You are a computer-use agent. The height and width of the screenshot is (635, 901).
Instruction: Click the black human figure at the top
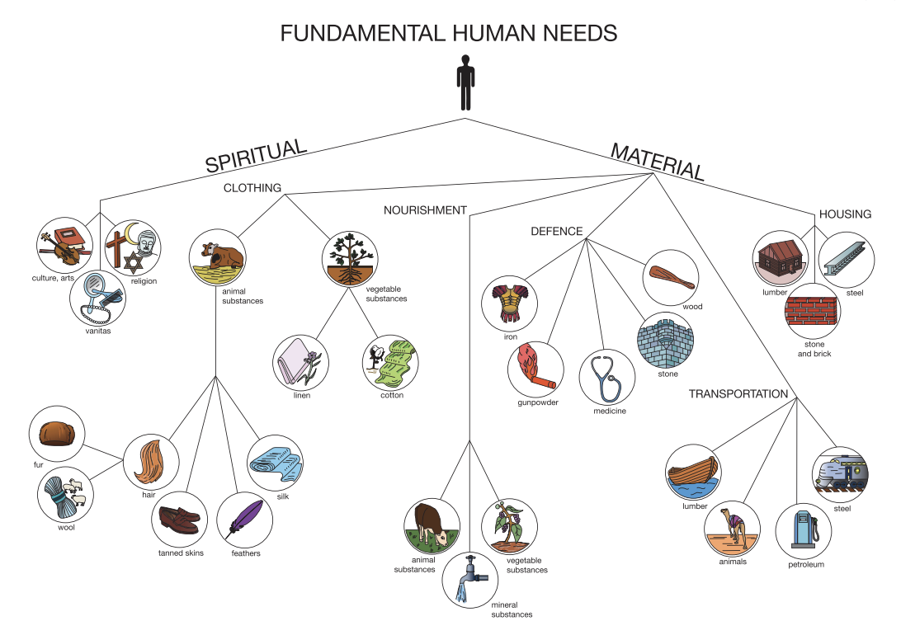pyautogui.click(x=466, y=82)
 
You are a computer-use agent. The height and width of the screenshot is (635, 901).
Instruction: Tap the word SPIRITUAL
pyautogui.click(x=256, y=156)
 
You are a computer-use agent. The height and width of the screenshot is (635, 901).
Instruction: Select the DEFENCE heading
pyautogui.click(x=556, y=232)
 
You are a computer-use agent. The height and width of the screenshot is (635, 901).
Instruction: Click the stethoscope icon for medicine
pyautogui.click(x=606, y=374)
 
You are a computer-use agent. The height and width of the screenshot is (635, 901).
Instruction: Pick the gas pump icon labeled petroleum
pyautogui.click(x=800, y=529)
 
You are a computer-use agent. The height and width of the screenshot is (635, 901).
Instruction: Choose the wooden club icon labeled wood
pyautogui.click(x=671, y=275)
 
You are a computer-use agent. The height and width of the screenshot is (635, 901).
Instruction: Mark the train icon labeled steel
pyautogui.click(x=840, y=473)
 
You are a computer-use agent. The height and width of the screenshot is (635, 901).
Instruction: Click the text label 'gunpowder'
pyautogui.click(x=533, y=402)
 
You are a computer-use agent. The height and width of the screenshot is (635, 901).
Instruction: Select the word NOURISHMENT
pyautogui.click(x=425, y=210)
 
